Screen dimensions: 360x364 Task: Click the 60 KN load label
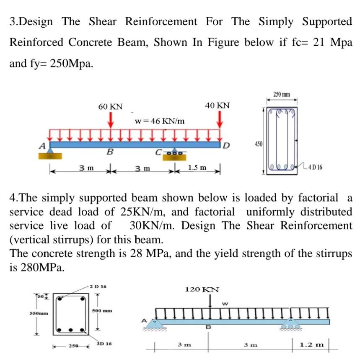point(110,107)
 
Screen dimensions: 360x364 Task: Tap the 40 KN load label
point(217,106)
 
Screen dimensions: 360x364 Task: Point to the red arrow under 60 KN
point(111,120)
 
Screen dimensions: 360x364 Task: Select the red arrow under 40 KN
point(220,119)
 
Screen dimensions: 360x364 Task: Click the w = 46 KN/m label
point(160,121)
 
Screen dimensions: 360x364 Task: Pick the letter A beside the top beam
point(42,146)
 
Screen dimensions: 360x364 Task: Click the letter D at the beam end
point(226,145)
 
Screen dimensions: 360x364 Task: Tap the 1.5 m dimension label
point(197,168)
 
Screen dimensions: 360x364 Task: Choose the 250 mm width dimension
point(282,94)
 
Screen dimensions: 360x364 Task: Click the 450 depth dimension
point(259,144)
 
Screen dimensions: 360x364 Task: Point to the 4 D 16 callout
point(316,167)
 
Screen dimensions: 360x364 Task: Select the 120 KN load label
point(202,289)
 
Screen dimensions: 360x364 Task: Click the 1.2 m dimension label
point(311,345)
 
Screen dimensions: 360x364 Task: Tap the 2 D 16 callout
point(98,287)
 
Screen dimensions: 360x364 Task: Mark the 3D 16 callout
point(104,343)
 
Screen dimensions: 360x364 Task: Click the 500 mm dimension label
point(102,311)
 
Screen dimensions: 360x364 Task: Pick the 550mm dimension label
point(39,313)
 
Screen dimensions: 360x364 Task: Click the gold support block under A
point(50,156)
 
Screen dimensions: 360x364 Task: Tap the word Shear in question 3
point(103,21)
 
